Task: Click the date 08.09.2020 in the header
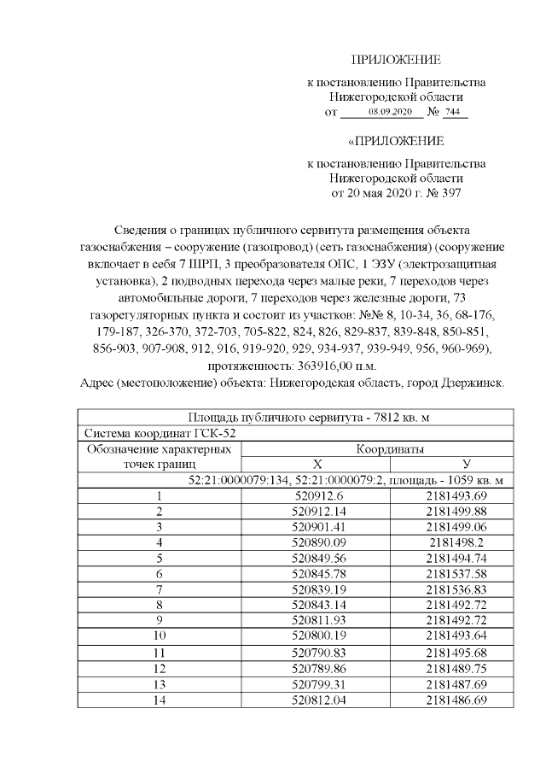(x=389, y=113)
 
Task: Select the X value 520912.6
(x=317, y=495)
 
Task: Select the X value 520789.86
(x=317, y=668)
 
